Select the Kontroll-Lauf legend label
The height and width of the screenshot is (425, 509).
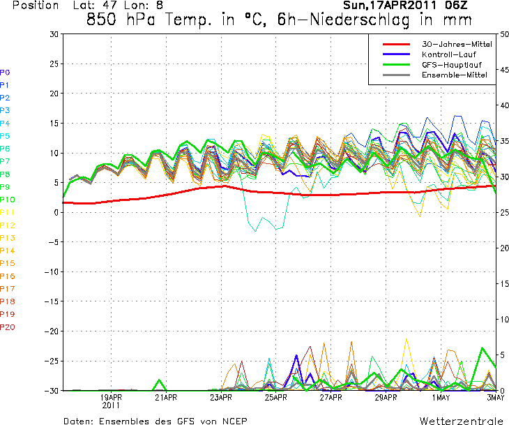pos(447,54)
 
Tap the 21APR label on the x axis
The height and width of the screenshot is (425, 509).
pos(166,398)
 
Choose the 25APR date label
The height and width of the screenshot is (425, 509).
pos(275,398)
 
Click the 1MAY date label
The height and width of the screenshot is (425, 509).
pos(441,398)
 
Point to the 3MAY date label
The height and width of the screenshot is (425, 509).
pos(495,398)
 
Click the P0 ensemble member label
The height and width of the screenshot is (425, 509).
pos(6,72)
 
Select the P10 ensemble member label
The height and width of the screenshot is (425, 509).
pos(8,200)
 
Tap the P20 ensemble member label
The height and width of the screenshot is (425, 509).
pos(8,327)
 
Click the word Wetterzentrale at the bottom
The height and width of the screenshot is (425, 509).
pos(461,421)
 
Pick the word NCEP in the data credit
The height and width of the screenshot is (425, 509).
pos(232,421)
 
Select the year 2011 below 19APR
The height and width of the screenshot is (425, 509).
pos(112,405)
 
